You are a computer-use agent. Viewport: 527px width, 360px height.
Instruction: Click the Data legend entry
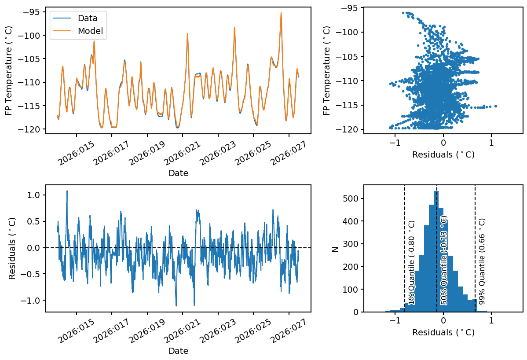point(87,18)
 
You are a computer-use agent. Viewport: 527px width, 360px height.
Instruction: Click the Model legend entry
point(90,31)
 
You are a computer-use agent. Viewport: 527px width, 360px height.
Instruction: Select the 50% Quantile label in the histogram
point(444,261)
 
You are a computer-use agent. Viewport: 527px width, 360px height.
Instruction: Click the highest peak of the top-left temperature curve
point(281,13)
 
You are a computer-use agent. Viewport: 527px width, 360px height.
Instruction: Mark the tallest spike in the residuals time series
point(67,191)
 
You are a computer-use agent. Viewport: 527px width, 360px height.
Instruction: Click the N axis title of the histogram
point(336,249)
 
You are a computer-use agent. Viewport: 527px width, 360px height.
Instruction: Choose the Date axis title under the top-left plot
point(178,173)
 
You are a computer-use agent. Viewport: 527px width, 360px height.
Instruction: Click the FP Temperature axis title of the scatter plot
point(327,70)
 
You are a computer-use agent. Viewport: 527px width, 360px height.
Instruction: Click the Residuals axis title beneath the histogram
point(443,333)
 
